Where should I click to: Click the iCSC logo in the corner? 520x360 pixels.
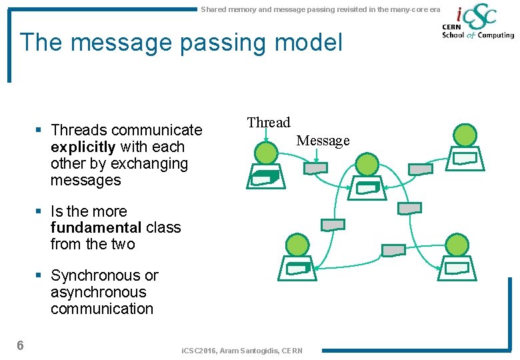(x=477, y=23)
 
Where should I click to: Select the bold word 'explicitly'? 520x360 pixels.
(x=83, y=147)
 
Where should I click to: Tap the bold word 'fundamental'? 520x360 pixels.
(x=96, y=228)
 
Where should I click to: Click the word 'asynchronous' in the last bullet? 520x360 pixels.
(x=98, y=292)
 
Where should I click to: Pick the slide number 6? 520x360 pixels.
(x=21, y=345)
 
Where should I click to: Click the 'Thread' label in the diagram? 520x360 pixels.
(x=269, y=122)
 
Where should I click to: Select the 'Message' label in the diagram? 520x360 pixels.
(x=323, y=141)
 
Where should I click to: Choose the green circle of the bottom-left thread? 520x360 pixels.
(x=297, y=245)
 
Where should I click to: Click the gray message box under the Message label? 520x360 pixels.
(x=315, y=169)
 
